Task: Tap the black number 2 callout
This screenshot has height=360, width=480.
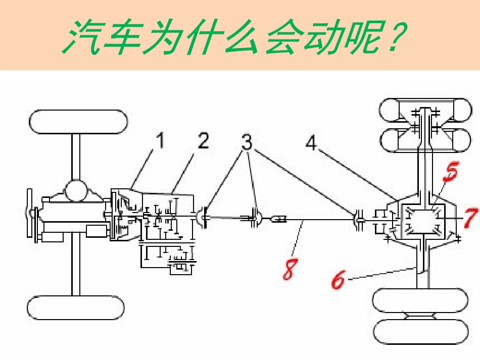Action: pos(203,141)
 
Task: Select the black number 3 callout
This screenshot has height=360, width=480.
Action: pos(247,142)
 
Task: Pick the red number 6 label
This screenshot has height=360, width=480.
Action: pos(337,279)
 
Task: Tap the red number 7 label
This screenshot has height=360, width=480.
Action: pos(470,218)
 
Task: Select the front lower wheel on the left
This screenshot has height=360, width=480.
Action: pos(76,308)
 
